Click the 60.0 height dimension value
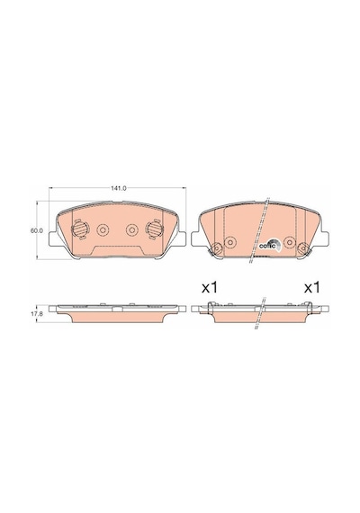pyautogui.click(x=37, y=230)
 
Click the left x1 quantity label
pyautogui.click(x=209, y=288)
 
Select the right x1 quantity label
pyautogui.click(x=311, y=288)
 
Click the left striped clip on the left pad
pyautogui.click(x=80, y=229)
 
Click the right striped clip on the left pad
pyautogui.click(x=155, y=229)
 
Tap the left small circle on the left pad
pyautogui.click(x=103, y=230)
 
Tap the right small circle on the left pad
pyautogui.click(x=132, y=230)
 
